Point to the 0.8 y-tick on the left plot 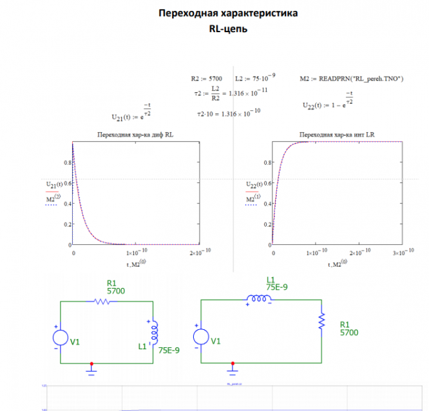[x=66, y=163]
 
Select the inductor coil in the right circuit [x=259, y=299]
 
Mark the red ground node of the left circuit [x=91, y=363]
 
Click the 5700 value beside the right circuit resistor [x=350, y=332]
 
